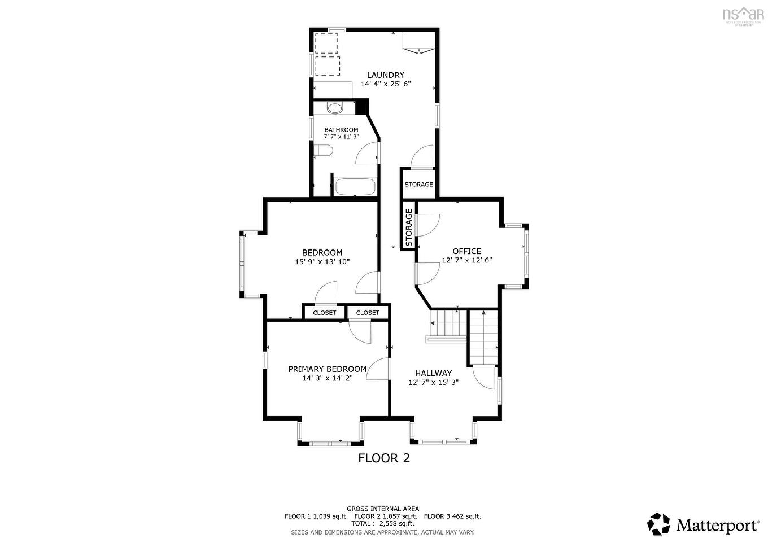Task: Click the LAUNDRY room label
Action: [x=385, y=75]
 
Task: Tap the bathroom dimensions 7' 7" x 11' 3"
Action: [x=341, y=137]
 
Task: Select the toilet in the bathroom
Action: [x=324, y=151]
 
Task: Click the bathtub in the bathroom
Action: [x=355, y=187]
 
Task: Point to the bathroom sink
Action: [x=335, y=108]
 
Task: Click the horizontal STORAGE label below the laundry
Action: [x=418, y=185]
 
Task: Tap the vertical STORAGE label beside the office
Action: [x=408, y=227]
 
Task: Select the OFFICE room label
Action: [x=466, y=251]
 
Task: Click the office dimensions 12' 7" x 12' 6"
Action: [x=466, y=260]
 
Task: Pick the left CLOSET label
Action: [x=324, y=313]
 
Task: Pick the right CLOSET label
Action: [x=368, y=313]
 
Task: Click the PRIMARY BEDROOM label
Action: [x=327, y=369]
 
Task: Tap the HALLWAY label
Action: [x=433, y=373]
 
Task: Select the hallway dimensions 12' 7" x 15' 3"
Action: [x=433, y=382]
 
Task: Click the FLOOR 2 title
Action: [x=384, y=458]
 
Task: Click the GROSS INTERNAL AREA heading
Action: [x=383, y=509]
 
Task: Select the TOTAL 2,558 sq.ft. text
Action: [x=383, y=524]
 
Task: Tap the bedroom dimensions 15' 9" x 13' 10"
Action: [x=322, y=261]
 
